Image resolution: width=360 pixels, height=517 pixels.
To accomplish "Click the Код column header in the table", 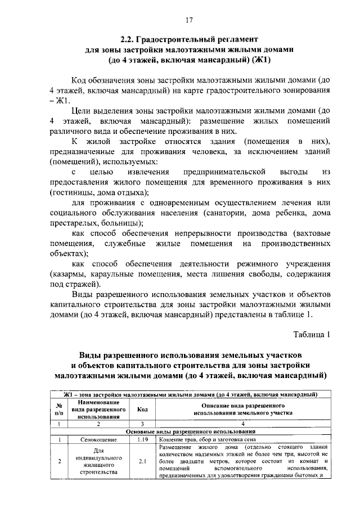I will pyautogui.click(x=142, y=409).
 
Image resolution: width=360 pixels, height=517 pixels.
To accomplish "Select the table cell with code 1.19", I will pyautogui.click(x=142, y=439).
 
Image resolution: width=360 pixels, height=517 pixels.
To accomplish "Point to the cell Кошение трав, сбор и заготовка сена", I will pyautogui.click(x=208, y=439).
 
